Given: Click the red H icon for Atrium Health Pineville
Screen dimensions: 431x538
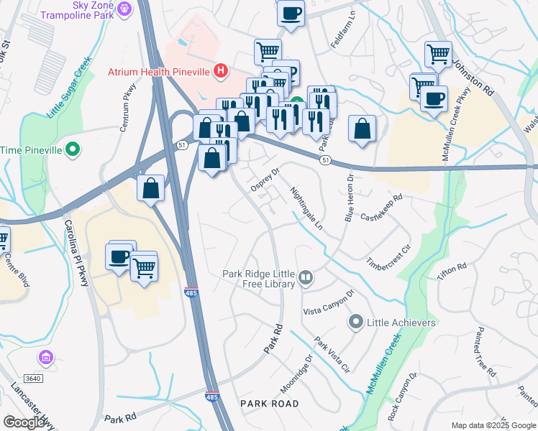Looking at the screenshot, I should tap(222, 72).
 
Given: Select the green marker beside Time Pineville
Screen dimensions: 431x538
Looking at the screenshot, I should tap(72, 149).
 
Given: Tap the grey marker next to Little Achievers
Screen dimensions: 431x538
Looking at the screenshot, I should tap(355, 323).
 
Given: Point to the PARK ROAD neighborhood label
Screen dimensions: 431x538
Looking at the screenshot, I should tap(270, 404).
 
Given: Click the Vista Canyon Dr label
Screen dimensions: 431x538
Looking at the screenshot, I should tap(329, 302).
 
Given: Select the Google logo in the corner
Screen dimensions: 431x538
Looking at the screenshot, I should tap(24, 422).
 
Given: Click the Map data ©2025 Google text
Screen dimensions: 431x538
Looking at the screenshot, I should tap(493, 425).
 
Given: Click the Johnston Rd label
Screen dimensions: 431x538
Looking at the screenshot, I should tap(471, 78).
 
